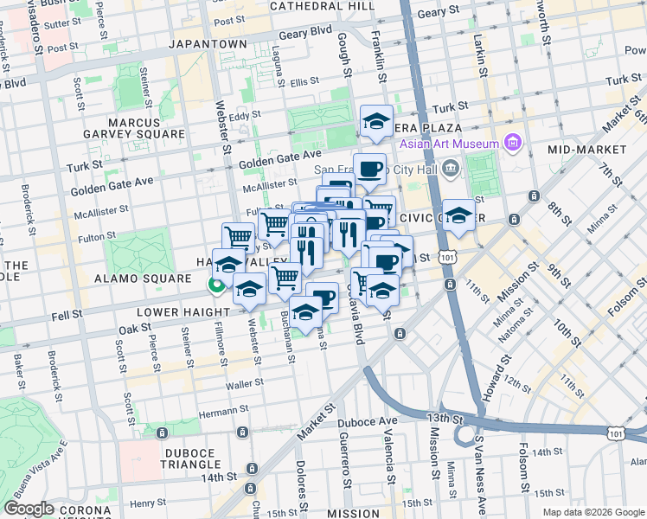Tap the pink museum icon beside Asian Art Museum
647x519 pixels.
coord(512,142)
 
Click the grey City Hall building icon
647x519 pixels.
coord(450,170)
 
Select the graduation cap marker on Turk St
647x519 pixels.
coord(376,122)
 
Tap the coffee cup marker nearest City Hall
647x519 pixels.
coord(369,170)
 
